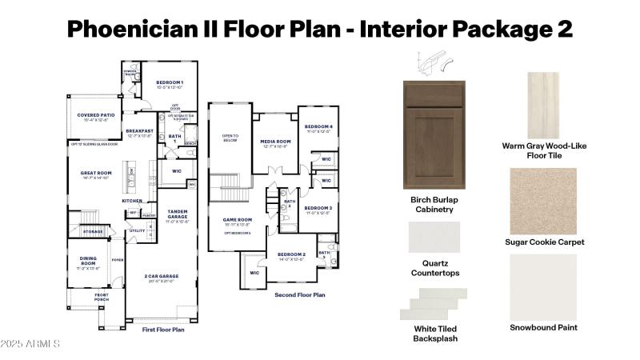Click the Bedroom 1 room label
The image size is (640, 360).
(x=170, y=83)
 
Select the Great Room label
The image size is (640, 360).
(x=95, y=173)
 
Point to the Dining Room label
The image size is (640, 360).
(x=88, y=261)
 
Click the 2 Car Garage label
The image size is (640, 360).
(x=163, y=277)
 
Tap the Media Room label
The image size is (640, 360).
(x=275, y=142)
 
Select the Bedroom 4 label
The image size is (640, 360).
(x=318, y=127)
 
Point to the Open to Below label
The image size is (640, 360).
(x=230, y=138)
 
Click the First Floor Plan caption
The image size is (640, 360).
(x=162, y=329)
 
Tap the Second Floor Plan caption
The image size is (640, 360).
(x=300, y=294)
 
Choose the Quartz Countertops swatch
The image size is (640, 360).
(x=434, y=238)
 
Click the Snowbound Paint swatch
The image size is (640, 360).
(x=544, y=286)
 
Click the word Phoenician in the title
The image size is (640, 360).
(x=145, y=29)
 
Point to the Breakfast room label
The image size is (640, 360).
(x=139, y=131)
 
